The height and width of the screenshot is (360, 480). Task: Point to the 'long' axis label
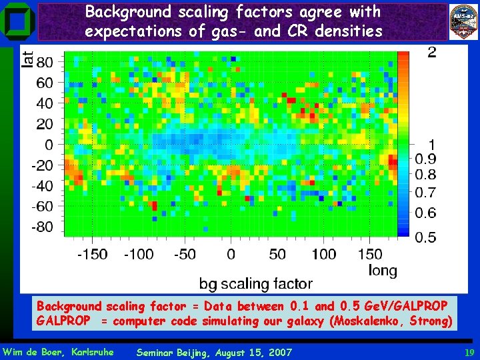click(383, 270)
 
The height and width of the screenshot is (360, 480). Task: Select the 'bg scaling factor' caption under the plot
click(255, 283)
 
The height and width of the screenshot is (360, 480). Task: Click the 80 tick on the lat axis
click(45, 63)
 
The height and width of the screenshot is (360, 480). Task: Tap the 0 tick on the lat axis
click(49, 145)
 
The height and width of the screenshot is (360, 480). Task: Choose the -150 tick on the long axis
click(93, 254)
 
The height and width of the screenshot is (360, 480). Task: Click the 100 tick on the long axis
click(324, 254)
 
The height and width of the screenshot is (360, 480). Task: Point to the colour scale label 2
click(432, 53)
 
